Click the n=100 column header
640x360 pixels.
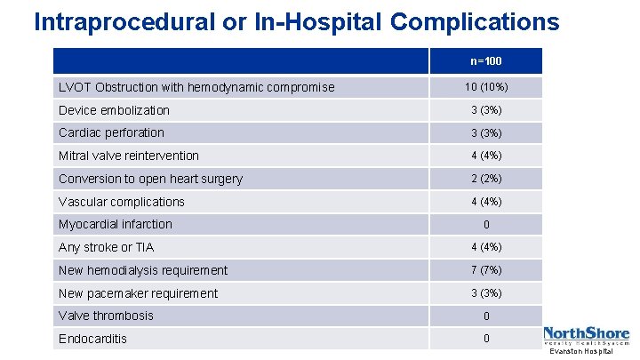pos(485,61)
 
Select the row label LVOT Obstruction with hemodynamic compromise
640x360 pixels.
pos(196,87)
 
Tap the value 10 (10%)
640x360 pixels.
pos(485,87)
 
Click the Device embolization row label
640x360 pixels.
pos(114,110)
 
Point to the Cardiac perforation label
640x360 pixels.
pos(111,132)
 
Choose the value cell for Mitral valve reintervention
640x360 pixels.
pos(485,156)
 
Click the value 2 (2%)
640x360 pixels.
pos(485,179)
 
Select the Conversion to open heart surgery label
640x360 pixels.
pos(150,179)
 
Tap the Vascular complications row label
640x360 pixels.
pos(122,202)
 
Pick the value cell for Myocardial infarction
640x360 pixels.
pos(485,225)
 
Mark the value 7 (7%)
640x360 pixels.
pos(485,270)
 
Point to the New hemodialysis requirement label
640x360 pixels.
pos(143,270)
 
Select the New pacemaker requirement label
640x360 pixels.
pos(138,293)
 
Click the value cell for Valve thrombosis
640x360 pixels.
pos(485,316)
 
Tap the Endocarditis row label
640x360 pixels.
pos(92,339)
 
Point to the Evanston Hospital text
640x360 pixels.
pos(581,353)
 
